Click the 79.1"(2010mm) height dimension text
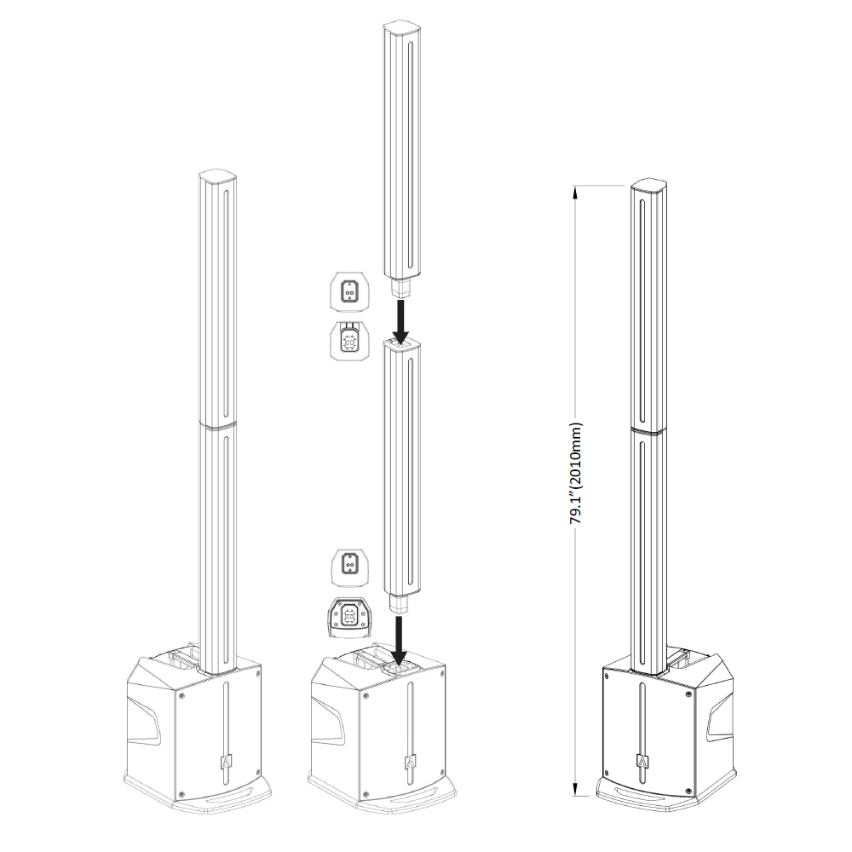click(575, 473)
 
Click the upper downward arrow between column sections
click(401, 320)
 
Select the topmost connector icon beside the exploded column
click(350, 292)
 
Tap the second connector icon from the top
click(350, 339)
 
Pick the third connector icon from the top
click(350, 567)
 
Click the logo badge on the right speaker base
click(642, 761)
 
